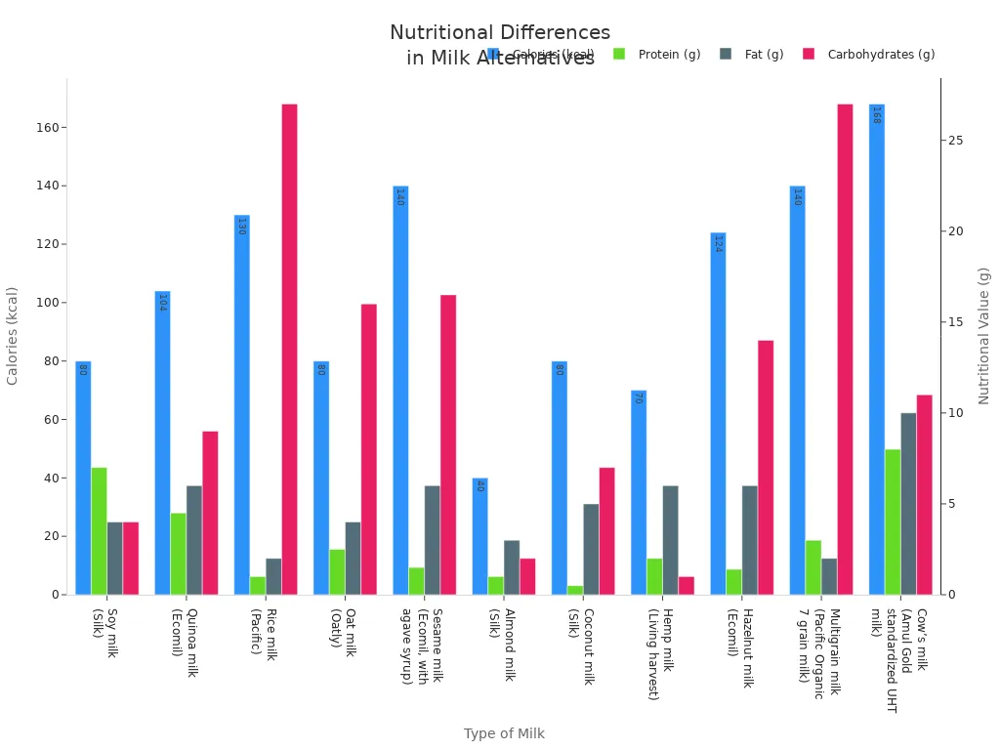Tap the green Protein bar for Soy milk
coord(99,531)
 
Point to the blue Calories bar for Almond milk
coord(479,536)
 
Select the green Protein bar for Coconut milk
coord(575,590)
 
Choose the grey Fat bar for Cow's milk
coord(908,504)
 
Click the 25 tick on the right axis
coord(955,141)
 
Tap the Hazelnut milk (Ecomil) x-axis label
coord(739,647)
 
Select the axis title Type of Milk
coord(504,733)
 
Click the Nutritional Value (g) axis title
coord(984,336)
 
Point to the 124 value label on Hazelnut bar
coord(718,244)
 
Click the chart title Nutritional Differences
coord(500,33)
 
